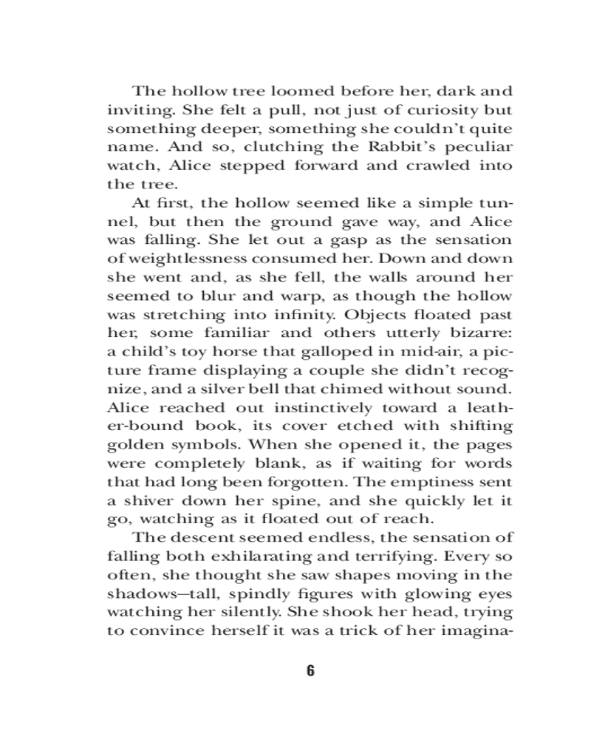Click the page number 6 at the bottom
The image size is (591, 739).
(310, 671)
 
